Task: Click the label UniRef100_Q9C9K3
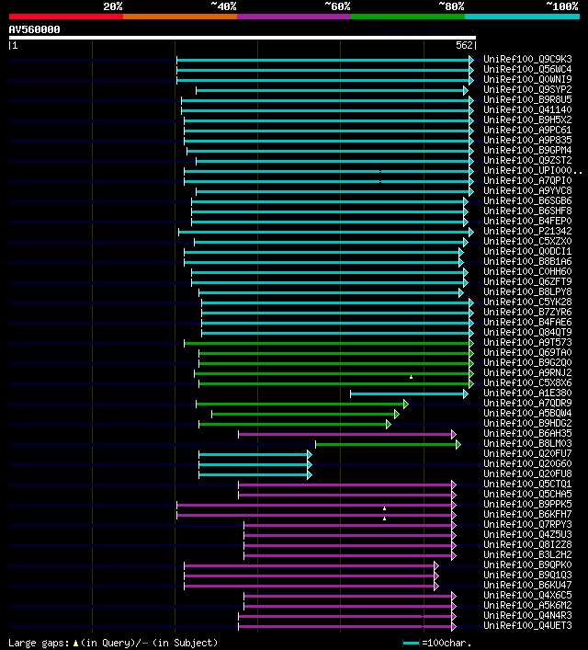[527, 60]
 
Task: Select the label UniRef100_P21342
[527, 232]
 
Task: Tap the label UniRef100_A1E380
[527, 393]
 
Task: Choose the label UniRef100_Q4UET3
[527, 626]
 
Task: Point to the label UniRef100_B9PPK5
[527, 505]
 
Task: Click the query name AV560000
[35, 29]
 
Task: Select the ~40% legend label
[224, 6]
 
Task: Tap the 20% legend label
[112, 6]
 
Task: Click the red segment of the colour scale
[65, 17]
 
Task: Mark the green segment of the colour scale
[407, 17]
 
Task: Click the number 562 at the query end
[464, 45]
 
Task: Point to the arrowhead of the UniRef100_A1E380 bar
[466, 393]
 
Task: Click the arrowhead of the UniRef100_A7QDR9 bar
[405, 404]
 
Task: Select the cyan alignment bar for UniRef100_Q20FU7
[254, 454]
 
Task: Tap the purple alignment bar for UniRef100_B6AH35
[345, 434]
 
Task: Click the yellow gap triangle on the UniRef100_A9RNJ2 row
[412, 376]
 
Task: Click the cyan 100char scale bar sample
[411, 643]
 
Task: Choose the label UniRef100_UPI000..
[531, 171]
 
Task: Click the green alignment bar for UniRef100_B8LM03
[386, 444]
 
